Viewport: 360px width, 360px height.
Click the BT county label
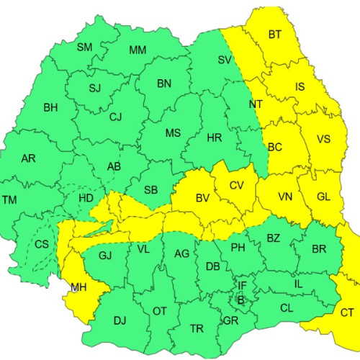point(275,35)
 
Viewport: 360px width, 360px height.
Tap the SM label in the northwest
point(84,48)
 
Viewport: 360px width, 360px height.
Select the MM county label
point(138,50)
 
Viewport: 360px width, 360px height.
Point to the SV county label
point(225,60)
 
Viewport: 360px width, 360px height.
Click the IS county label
point(300,88)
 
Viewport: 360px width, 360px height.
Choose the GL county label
point(325,196)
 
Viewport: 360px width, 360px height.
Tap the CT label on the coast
point(346,312)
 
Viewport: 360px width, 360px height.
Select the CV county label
point(237,185)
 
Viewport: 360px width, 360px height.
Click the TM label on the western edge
point(10,199)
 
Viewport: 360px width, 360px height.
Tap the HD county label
point(86,197)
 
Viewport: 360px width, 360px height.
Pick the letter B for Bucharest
point(241,298)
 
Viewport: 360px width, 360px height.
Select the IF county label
point(242,286)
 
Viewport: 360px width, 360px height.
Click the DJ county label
point(120,320)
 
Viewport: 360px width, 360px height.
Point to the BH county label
point(50,108)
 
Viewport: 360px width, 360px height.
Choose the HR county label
point(214,138)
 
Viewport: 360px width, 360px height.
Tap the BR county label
point(319,248)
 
